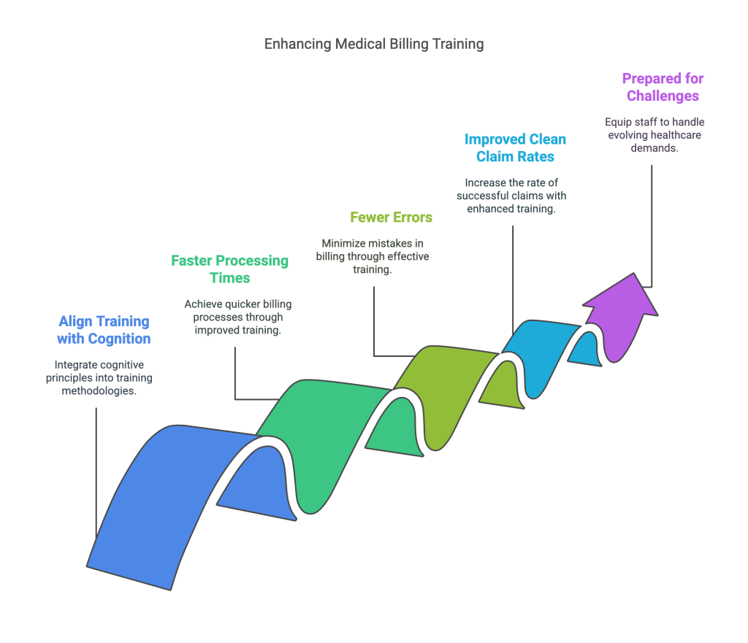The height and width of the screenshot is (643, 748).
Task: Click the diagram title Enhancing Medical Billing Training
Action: (x=374, y=44)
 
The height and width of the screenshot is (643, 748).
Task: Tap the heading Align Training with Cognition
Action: (x=104, y=330)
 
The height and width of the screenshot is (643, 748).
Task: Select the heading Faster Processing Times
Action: (x=230, y=269)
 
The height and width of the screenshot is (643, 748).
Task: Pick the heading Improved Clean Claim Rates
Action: (x=515, y=147)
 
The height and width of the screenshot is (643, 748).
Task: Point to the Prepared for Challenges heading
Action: (x=663, y=87)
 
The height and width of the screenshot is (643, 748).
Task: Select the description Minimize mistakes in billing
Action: (x=373, y=255)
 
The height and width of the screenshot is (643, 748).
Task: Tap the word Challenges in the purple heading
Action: (x=663, y=96)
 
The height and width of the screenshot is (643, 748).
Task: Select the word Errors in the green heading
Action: (x=411, y=217)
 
